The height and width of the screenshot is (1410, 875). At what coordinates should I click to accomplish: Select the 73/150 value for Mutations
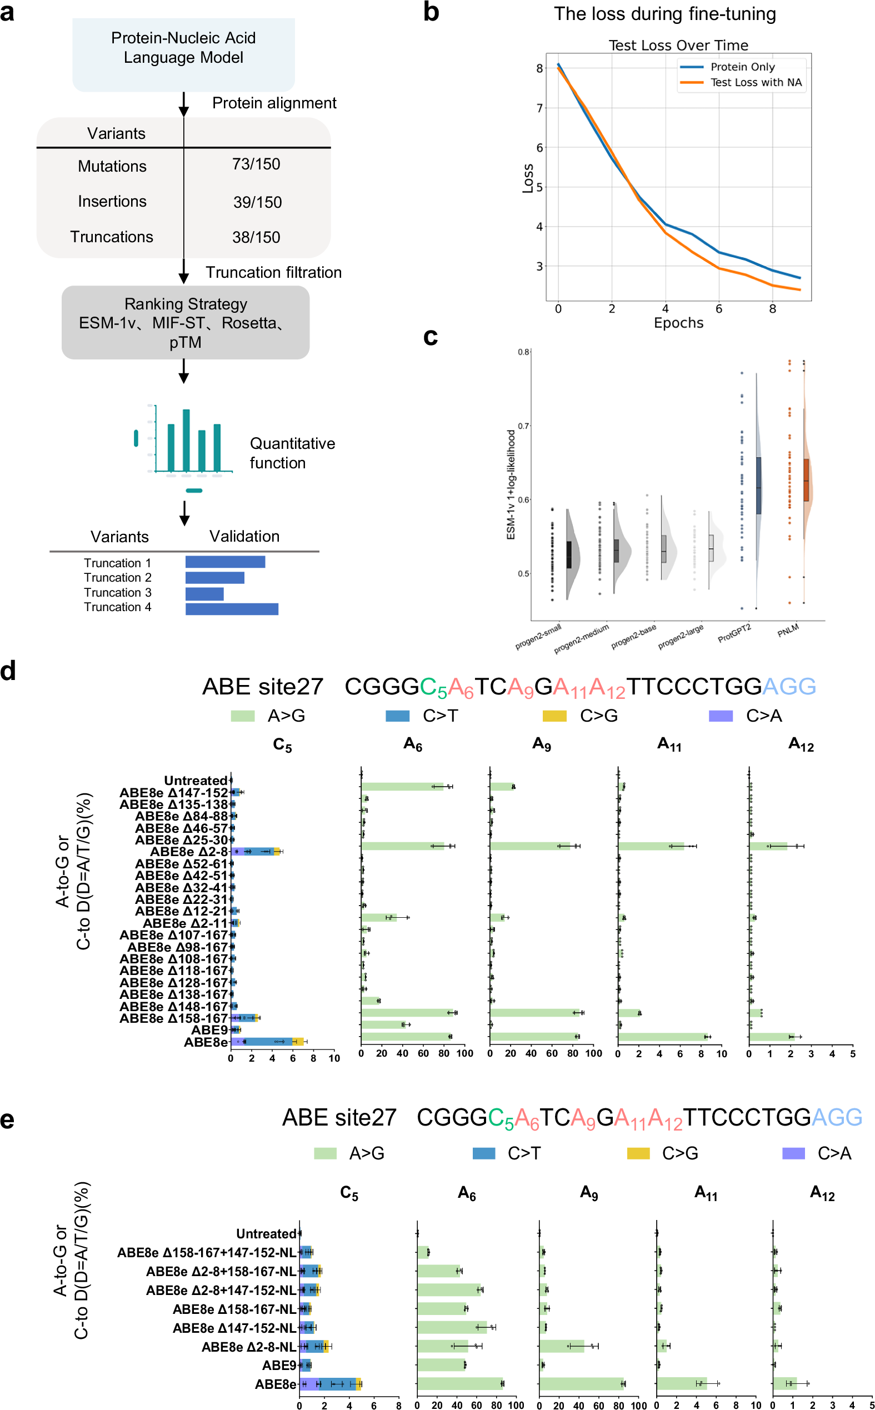[256, 164]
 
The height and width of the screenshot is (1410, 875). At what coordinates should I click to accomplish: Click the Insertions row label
[112, 201]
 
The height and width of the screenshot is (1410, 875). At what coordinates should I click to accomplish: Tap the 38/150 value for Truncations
[256, 237]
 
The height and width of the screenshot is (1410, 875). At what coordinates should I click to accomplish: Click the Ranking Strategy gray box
[185, 322]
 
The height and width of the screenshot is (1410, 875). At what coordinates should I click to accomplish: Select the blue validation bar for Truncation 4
[232, 609]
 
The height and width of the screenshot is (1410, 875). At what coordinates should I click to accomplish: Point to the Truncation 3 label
[117, 592]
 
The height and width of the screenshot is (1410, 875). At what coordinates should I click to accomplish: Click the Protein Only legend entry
[742, 67]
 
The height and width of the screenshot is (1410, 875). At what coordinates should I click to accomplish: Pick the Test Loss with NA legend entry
[755, 83]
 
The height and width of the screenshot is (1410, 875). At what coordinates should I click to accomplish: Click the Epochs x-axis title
[678, 323]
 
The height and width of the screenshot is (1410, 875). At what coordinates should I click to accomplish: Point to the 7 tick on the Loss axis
[539, 108]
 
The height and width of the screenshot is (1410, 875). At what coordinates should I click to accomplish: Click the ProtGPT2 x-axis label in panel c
[734, 633]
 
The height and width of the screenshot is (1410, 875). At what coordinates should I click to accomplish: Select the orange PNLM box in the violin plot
[806, 479]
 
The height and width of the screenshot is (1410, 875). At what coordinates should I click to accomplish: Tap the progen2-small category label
[538, 637]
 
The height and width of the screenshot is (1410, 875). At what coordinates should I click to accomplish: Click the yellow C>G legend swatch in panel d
[554, 716]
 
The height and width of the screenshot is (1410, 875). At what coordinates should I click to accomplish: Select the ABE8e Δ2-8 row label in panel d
[189, 852]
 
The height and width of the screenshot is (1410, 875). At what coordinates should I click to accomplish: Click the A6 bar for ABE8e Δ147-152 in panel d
[402, 786]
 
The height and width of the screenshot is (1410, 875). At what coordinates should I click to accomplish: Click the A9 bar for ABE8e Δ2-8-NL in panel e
[561, 1346]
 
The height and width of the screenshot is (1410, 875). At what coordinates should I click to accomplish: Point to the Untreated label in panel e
[266, 1233]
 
